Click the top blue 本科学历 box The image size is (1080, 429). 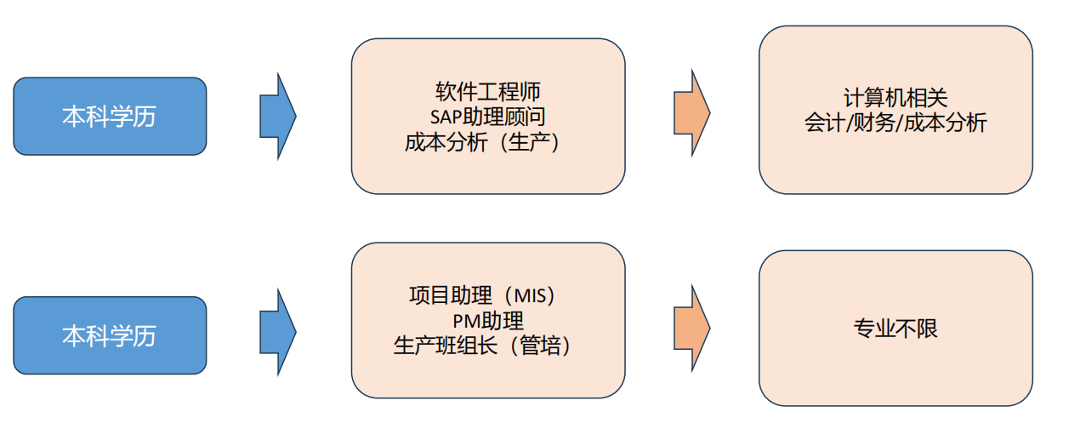(110, 117)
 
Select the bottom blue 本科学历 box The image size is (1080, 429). (110, 335)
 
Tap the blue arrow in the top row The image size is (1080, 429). (277, 116)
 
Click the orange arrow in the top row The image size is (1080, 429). (691, 111)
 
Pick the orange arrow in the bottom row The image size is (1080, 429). (691, 328)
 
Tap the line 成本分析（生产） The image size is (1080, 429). (488, 141)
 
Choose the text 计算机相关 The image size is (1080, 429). (895, 98)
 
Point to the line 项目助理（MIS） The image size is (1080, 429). (488, 296)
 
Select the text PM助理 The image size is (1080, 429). (488, 321)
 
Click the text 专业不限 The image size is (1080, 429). (895, 329)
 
